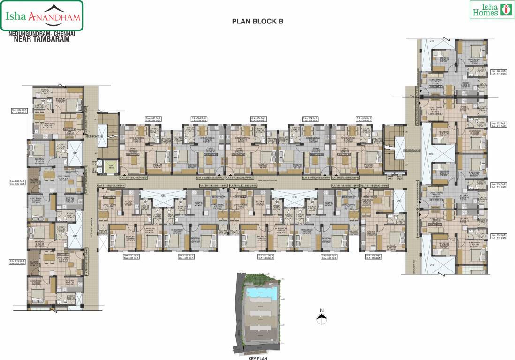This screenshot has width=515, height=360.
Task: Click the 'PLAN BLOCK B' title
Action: click(258, 21)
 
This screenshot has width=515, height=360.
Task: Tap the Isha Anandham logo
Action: click(42, 16)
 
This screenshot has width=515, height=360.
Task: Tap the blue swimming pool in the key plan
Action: click(261, 292)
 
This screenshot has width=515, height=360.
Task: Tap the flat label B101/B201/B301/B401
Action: click(134, 178)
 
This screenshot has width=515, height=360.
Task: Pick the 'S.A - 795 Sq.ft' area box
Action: click(132, 256)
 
